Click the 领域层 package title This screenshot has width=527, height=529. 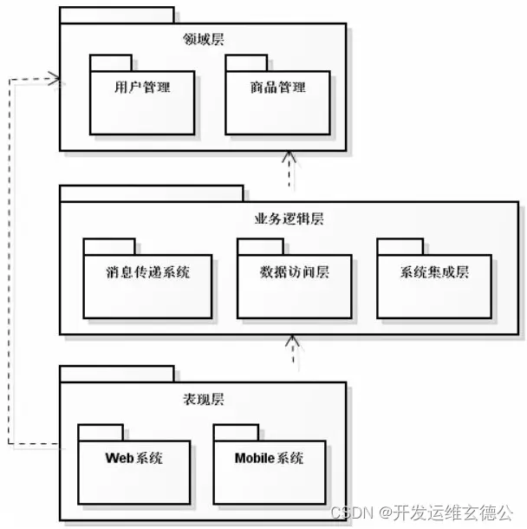click(205, 38)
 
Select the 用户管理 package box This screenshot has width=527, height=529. click(142, 103)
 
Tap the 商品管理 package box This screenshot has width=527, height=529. click(277, 103)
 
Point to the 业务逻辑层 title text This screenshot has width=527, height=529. click(290, 219)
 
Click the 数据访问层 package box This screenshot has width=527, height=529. click(295, 285)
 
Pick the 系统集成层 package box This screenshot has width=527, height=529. click(433, 285)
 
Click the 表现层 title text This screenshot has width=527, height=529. click(204, 400)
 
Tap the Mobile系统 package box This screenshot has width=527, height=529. click(270, 472)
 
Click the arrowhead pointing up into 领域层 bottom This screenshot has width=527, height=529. click(289, 158)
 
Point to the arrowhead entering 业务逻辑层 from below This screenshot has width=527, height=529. click(294, 342)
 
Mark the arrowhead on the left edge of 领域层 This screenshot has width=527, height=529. click(56, 80)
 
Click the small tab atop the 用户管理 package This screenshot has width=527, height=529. click(110, 62)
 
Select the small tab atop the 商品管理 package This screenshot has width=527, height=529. click(246, 62)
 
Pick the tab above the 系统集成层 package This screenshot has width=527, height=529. click(400, 246)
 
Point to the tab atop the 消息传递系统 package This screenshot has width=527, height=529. click(109, 246)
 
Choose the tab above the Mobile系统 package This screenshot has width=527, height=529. click(236, 432)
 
